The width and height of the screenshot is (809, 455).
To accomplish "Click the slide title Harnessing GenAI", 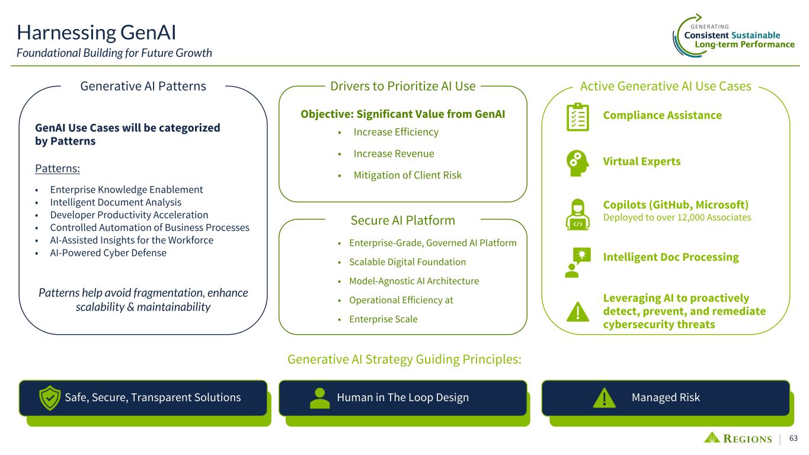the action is click(x=97, y=33).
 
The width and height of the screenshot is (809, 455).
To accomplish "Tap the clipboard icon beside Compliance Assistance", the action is click(x=577, y=117).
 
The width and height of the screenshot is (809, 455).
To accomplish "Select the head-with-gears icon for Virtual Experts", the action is click(x=577, y=163).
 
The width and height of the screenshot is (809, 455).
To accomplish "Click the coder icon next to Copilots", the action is click(x=577, y=214).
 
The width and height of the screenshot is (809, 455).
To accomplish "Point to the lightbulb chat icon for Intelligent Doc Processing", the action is click(x=578, y=262).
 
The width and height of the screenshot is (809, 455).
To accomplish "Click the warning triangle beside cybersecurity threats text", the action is click(x=578, y=312).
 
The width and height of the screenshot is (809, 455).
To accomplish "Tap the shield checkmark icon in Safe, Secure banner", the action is click(x=49, y=398).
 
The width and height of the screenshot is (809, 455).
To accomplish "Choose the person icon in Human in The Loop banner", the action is click(x=319, y=398).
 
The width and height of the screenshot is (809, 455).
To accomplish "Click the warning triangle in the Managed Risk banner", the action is click(x=604, y=398).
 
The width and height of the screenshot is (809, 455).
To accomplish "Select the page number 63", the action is click(x=794, y=438).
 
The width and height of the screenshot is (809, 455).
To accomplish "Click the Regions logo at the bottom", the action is click(x=738, y=438).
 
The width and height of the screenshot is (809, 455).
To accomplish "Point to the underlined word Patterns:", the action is click(x=57, y=168).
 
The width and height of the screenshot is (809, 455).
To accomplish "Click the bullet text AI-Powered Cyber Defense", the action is click(x=108, y=253).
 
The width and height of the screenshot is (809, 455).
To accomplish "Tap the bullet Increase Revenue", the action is click(x=394, y=153).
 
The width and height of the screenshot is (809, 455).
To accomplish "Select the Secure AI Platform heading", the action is click(x=402, y=220).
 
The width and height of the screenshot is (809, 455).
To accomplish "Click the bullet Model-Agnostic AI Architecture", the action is click(x=414, y=281).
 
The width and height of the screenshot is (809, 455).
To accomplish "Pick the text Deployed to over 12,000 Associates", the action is click(x=677, y=217).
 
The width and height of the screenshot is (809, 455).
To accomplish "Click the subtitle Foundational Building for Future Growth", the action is click(x=114, y=53).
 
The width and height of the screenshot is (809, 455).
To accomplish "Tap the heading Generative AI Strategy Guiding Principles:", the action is click(x=404, y=359).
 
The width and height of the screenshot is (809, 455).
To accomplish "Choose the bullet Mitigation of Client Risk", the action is click(x=407, y=175).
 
